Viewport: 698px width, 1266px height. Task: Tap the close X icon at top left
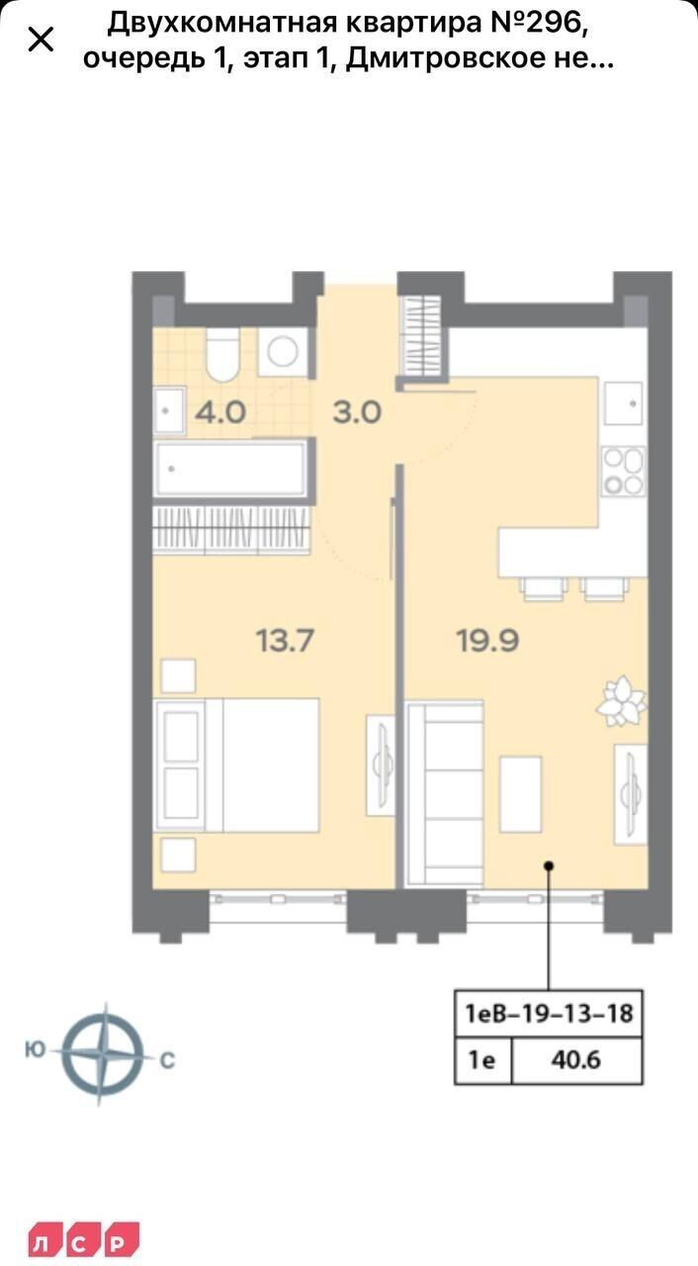tap(41, 41)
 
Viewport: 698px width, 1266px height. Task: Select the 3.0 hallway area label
tap(357, 412)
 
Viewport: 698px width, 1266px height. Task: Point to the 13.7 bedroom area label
tap(285, 640)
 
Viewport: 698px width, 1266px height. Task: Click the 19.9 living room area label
tap(488, 640)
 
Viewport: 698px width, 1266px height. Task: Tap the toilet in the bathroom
tap(222, 354)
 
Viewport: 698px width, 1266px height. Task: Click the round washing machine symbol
tap(283, 351)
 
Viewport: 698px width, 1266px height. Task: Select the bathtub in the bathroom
tap(230, 469)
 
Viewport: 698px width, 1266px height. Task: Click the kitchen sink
tap(623, 404)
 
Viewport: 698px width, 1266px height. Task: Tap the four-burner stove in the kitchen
tap(623, 472)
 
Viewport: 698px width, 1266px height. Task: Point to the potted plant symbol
tap(622, 701)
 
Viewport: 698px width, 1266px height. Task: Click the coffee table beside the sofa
tap(520, 794)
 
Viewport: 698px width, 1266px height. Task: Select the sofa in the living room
tap(446, 793)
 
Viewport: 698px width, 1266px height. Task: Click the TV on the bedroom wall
tap(382, 765)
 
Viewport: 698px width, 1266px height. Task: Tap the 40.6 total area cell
tap(575, 1059)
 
